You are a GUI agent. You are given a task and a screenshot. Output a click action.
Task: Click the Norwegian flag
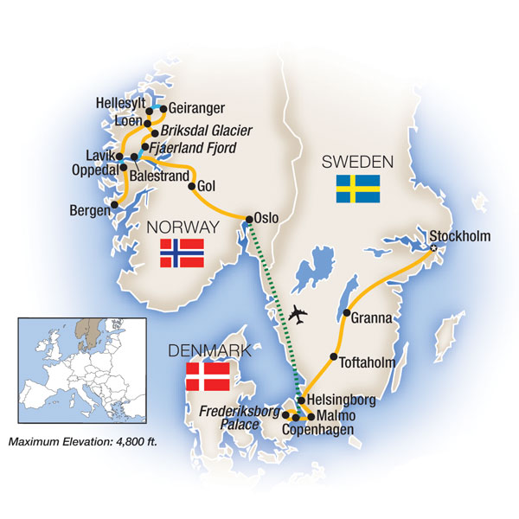(x=182, y=253)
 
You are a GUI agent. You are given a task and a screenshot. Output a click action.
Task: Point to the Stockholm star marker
(x=434, y=249)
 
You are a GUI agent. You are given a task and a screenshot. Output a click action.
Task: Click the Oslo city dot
(x=249, y=219)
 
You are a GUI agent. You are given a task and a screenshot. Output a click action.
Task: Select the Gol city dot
(x=190, y=185)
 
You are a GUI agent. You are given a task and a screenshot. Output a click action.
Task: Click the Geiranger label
(x=197, y=108)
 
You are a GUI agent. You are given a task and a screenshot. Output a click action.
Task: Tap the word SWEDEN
(x=357, y=162)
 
